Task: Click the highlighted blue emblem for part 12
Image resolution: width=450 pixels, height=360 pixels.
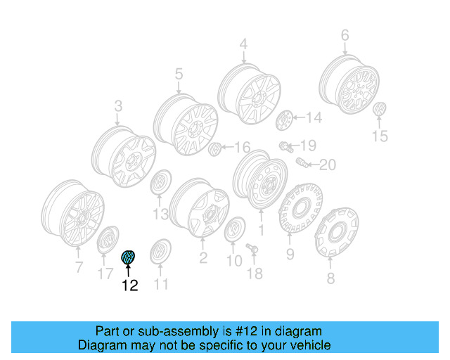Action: (x=129, y=257)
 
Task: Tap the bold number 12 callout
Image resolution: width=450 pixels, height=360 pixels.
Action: (x=130, y=285)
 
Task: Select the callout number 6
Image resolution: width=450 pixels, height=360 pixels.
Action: (x=345, y=34)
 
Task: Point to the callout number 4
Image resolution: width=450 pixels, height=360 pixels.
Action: (x=243, y=45)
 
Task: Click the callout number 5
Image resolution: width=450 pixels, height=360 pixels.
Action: (x=179, y=73)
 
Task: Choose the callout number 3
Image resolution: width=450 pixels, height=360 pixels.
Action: (x=118, y=106)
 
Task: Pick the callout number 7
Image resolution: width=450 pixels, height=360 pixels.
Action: (x=79, y=266)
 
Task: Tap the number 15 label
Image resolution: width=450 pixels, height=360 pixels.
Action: (x=380, y=136)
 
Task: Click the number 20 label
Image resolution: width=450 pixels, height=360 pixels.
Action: (x=328, y=165)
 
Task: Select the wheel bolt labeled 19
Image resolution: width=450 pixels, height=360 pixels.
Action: (x=286, y=147)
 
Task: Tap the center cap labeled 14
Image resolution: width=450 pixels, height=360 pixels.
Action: (x=285, y=120)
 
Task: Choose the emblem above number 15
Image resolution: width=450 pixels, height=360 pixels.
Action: (x=380, y=112)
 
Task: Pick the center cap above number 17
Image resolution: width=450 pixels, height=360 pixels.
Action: (x=107, y=240)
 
